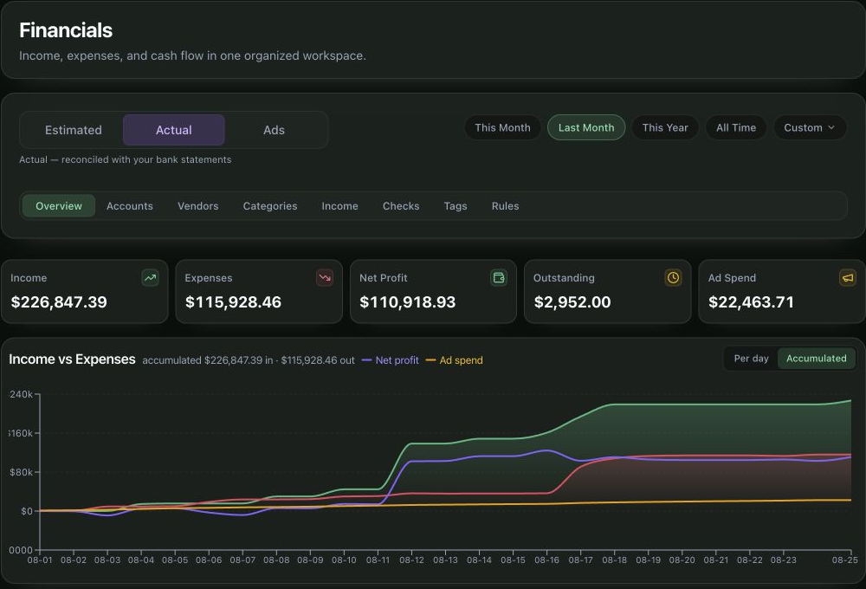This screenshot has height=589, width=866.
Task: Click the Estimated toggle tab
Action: point(74,130)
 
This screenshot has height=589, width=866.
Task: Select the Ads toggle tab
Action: point(274,130)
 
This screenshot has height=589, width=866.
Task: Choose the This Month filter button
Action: point(502,127)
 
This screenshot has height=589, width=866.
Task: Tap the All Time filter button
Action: point(735,127)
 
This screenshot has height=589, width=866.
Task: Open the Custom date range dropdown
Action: point(810,127)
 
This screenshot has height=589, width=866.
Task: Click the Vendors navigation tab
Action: point(197,206)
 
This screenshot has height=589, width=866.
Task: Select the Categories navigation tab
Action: point(270,206)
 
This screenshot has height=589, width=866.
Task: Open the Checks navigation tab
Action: point(401,206)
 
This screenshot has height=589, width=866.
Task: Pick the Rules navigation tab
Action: point(506,206)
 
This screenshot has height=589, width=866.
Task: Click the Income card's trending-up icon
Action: point(150,278)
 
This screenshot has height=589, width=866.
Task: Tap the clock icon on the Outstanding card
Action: point(673,278)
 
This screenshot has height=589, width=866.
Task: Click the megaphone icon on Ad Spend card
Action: point(847,278)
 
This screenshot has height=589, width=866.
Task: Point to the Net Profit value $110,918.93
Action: point(408,302)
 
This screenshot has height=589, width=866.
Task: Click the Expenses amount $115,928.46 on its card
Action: point(233,302)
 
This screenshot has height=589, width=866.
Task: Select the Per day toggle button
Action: point(751,359)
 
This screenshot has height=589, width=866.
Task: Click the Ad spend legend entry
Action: point(455,360)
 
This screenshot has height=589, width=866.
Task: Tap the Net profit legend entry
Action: point(391,360)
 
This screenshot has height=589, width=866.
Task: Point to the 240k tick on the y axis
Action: point(21,394)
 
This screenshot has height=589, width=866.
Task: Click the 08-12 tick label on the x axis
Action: point(411,560)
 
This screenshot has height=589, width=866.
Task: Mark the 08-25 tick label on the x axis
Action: point(845,560)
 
